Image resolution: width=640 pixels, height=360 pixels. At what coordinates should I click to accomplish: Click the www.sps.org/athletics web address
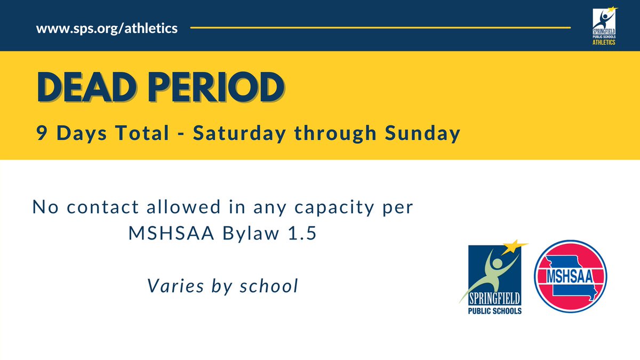pyautogui.click(x=107, y=28)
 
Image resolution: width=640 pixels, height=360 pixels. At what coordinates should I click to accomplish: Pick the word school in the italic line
pyautogui.click(x=270, y=286)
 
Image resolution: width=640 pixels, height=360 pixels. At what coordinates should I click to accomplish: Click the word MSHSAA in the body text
pyautogui.click(x=165, y=234)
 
